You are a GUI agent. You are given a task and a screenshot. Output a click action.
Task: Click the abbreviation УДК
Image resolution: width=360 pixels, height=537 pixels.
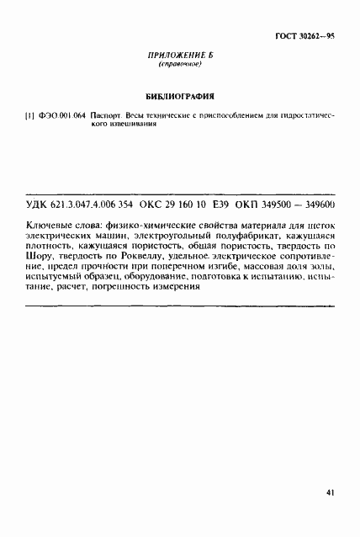click(x=40, y=205)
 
